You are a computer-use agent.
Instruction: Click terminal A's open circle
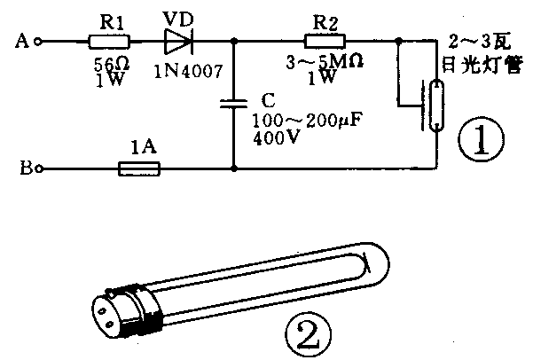38,42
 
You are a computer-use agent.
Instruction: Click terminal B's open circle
40,168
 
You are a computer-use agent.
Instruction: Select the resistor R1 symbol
109,42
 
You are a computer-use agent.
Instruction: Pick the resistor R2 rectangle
325,41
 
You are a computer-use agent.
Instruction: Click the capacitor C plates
233,104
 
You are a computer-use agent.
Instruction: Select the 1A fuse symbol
139,169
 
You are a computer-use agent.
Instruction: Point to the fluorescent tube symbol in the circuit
436,106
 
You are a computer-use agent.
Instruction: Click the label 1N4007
189,71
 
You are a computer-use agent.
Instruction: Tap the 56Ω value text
112,64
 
